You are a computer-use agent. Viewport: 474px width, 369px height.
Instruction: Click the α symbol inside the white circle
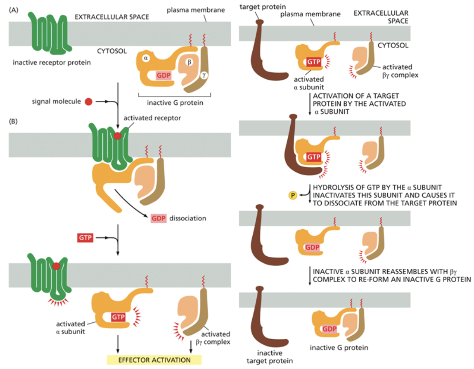(145, 59)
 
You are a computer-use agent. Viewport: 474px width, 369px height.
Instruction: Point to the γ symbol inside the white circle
(204, 75)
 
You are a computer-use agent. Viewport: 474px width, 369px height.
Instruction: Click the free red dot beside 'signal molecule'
(88, 101)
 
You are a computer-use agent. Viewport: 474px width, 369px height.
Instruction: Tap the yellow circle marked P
(292, 194)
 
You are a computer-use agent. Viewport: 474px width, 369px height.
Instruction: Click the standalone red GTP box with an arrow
(85, 238)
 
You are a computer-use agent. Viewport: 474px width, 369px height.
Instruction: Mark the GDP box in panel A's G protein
(164, 75)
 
